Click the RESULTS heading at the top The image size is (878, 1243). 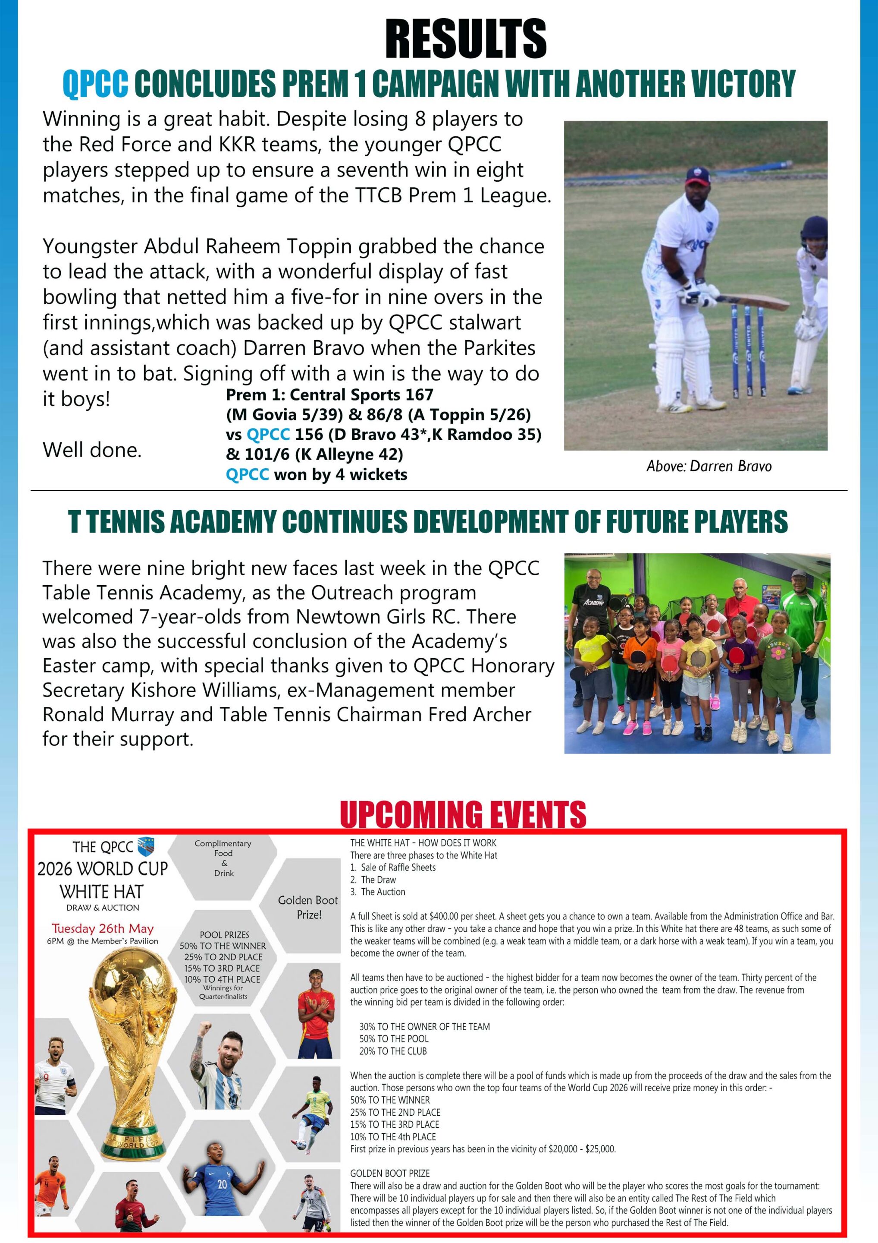466,38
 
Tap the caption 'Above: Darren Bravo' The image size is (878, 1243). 709,466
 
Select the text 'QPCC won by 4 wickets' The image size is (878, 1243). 316,475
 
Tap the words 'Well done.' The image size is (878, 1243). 92,450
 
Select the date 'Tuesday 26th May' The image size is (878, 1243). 103,928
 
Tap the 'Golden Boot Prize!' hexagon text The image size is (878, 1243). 308,907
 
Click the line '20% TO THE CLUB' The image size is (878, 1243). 393,1051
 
